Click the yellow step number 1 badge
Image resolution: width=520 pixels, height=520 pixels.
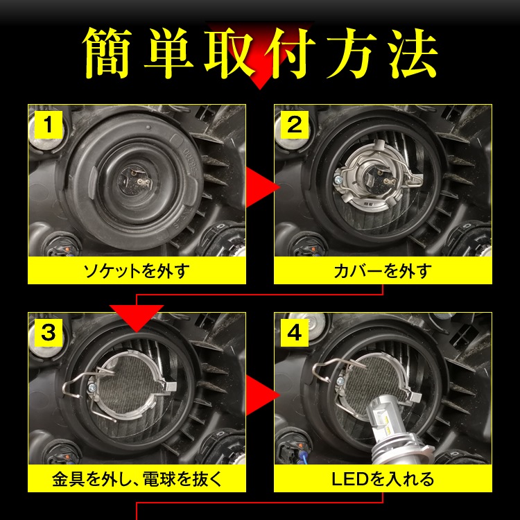(48, 125)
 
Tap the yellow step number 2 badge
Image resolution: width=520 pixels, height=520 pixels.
(294, 125)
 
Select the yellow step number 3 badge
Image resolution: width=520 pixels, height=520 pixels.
(48, 332)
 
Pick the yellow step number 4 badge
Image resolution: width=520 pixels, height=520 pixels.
(294, 332)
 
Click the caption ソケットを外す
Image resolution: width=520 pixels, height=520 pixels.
(137, 270)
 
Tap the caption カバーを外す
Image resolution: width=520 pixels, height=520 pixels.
(383, 270)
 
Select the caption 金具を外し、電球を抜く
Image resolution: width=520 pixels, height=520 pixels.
(137, 478)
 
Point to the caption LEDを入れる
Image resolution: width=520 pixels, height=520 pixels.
(383, 478)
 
